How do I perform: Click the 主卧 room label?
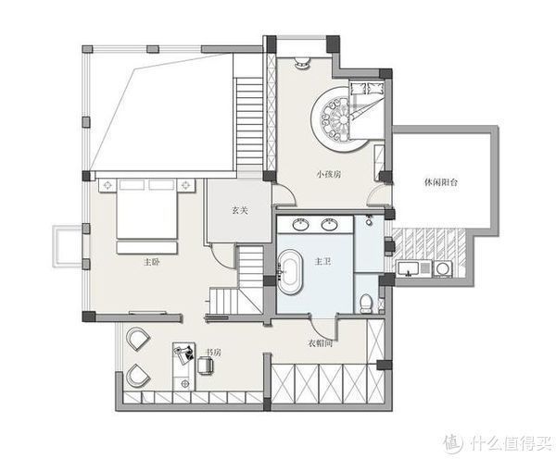(151, 263)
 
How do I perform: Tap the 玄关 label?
(240, 210)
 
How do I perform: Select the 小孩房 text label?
(329, 174)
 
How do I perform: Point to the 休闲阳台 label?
(441, 182)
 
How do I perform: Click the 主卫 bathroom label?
(323, 262)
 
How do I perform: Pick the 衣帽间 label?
(321, 343)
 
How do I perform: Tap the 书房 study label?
(213, 353)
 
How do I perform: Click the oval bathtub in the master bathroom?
(290, 272)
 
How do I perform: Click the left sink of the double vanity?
(300, 224)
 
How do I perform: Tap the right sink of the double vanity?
(330, 224)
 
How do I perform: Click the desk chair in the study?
(206, 366)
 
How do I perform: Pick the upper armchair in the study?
(137, 339)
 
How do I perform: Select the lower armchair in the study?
(137, 376)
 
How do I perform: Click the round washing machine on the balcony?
(444, 268)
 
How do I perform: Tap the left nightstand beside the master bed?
(107, 186)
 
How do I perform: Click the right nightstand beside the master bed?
(186, 186)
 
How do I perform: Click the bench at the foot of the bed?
(146, 248)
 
